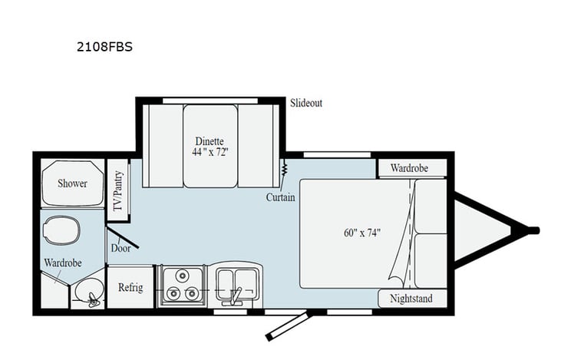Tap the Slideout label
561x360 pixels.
306,104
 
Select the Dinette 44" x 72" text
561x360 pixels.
210,146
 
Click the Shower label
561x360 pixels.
72,183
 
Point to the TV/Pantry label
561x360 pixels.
118,190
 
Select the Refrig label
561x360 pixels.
130,287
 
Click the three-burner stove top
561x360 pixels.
181,286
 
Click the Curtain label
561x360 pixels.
281,197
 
